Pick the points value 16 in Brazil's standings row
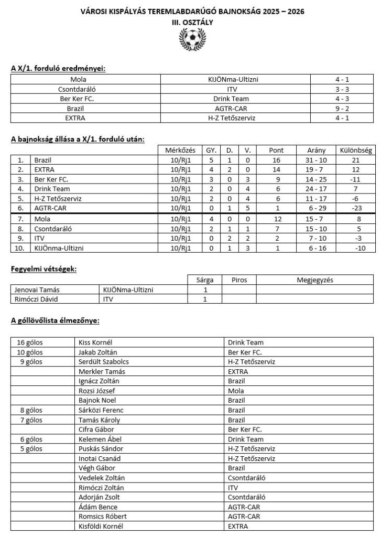[276, 159]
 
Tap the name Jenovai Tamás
[34, 289]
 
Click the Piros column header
[239, 280]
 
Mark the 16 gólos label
[31, 342]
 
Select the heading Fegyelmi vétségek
[44, 269]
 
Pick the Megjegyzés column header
[315, 280]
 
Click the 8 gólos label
[31, 410]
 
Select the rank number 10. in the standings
[20, 247]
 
